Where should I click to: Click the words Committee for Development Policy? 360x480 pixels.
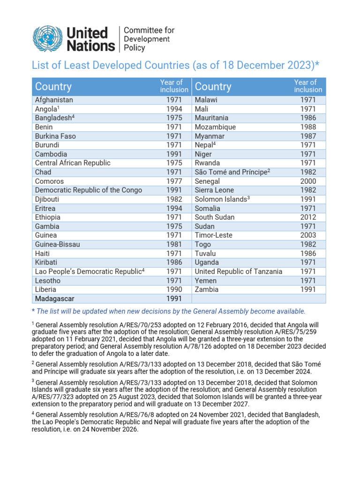coord(149,39)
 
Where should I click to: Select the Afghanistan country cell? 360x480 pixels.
coord(54,100)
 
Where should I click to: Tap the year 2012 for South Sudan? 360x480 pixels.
coord(308,217)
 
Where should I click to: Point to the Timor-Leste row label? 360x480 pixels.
coord(213,235)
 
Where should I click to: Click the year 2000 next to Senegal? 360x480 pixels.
coord(308,181)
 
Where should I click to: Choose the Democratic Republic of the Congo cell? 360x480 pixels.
coord(89,190)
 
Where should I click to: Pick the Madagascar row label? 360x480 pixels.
coord(54,299)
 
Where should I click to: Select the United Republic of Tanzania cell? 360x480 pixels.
coord(238,271)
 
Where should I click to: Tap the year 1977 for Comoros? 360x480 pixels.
coord(174,181)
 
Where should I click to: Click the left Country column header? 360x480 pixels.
coord(53,87)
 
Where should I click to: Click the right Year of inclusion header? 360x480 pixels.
coord(308,86)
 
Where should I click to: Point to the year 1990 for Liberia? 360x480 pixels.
coord(174,289)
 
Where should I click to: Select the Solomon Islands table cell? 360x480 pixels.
coord(222,199)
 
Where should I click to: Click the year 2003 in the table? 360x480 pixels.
coord(308,235)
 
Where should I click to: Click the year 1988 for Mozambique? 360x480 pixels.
coord(308,127)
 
